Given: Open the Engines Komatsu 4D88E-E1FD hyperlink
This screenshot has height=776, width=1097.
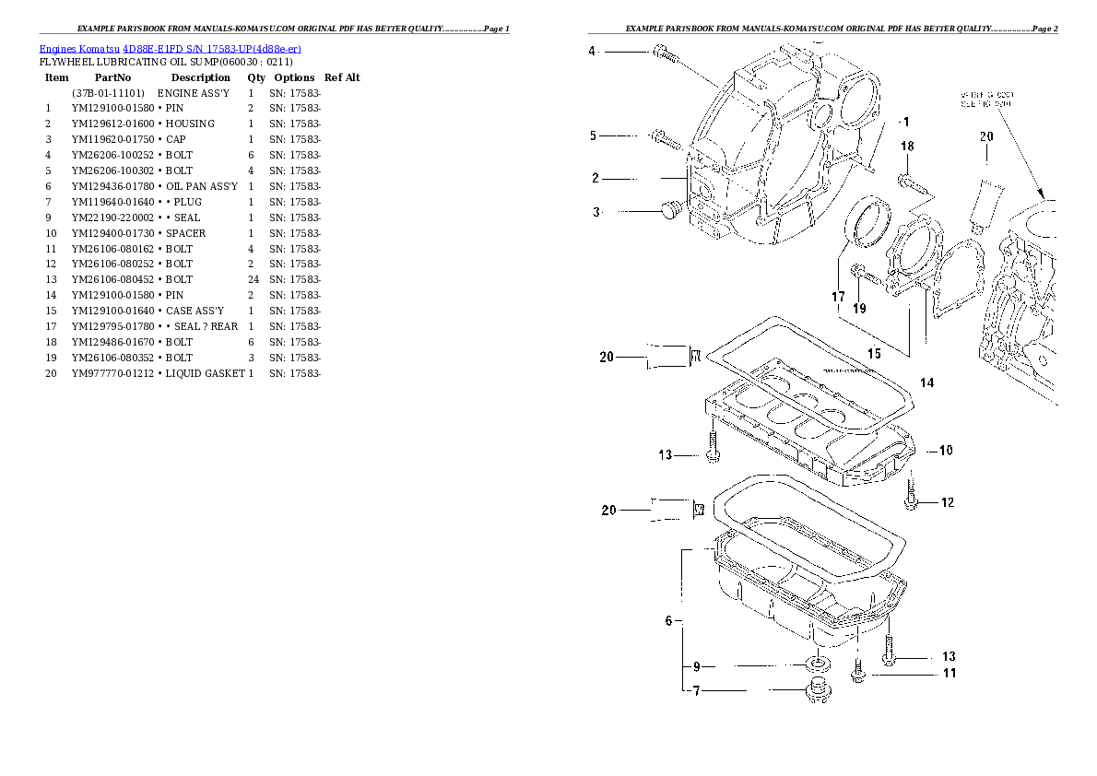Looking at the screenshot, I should pyautogui.click(x=171, y=48).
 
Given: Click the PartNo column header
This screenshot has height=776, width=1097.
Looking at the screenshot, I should pyautogui.click(x=113, y=78).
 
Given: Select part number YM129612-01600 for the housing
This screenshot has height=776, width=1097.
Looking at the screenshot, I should pyautogui.click(x=113, y=123).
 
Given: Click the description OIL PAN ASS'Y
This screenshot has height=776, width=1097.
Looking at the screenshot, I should pyautogui.click(x=201, y=186).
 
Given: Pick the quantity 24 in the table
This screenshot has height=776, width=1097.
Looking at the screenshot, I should pyautogui.click(x=251, y=279).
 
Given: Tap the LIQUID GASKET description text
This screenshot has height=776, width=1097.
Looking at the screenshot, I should pyautogui.click(x=205, y=373).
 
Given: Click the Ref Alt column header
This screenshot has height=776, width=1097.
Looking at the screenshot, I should pyautogui.click(x=342, y=78).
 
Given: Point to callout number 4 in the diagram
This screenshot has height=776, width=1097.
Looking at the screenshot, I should pyautogui.click(x=593, y=51).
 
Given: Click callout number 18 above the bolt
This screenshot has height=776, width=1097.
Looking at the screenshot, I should pyautogui.click(x=907, y=147).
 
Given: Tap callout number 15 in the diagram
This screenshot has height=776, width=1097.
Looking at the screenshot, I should pyautogui.click(x=873, y=353).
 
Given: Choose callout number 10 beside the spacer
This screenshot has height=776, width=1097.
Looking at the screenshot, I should pyautogui.click(x=946, y=451).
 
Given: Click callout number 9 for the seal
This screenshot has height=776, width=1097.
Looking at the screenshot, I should pyautogui.click(x=697, y=666).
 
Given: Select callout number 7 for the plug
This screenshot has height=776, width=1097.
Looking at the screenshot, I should pyautogui.click(x=697, y=690).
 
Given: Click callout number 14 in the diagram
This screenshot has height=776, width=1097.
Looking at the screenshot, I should pyautogui.click(x=926, y=382).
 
